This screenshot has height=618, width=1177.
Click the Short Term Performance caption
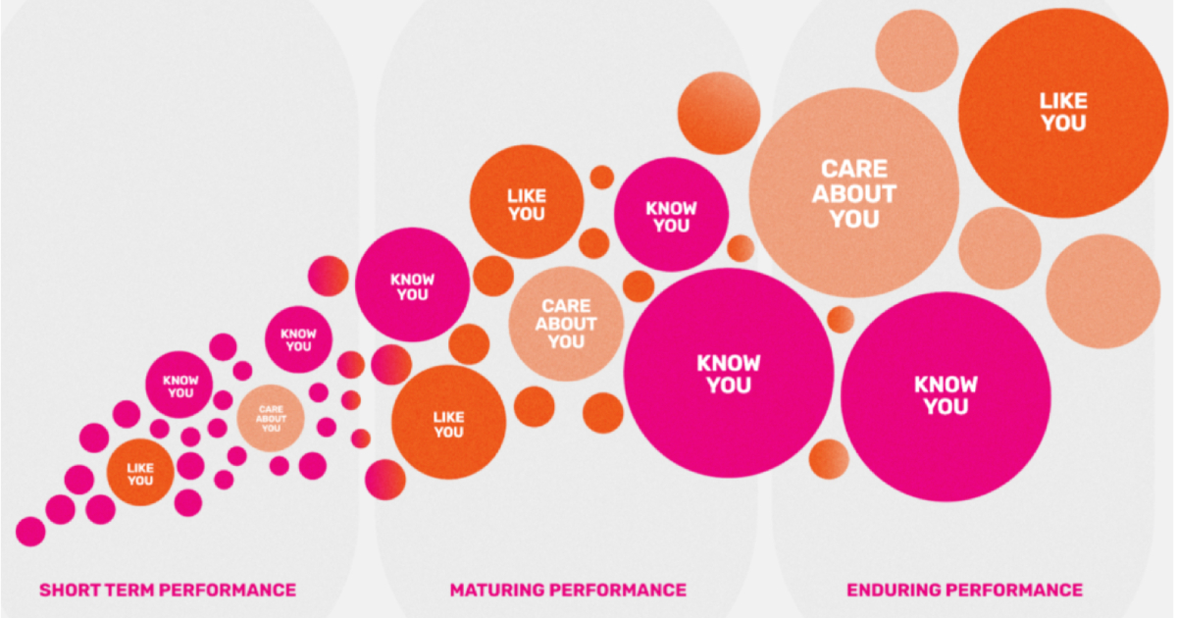pyautogui.click(x=168, y=591)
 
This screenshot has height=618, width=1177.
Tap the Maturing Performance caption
pyautogui.click(x=568, y=591)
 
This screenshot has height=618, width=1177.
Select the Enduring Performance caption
pyautogui.click(x=965, y=591)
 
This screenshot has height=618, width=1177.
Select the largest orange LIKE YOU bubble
pyautogui.click(x=1063, y=113)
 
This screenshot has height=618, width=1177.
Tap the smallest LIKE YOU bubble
pyautogui.click(x=140, y=473)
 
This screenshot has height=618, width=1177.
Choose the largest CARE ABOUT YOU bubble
pyautogui.click(x=854, y=193)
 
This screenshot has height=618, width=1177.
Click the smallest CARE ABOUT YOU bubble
pyautogui.click(x=271, y=418)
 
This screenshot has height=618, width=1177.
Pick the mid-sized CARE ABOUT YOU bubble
pyautogui.click(x=567, y=324)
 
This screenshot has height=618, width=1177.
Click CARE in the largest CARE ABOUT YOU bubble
pyautogui.click(x=854, y=169)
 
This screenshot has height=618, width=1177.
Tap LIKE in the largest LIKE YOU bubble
pyautogui.click(x=1063, y=101)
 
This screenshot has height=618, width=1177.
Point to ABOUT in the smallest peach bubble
pyautogui.click(x=271, y=419)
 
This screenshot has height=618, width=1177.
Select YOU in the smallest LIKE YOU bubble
pyautogui.click(x=140, y=481)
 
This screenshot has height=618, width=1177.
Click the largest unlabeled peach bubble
pyautogui.click(x=1102, y=291)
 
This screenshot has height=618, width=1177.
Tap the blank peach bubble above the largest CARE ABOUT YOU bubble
pyautogui.click(x=917, y=51)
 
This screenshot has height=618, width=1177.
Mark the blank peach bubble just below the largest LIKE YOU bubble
pyautogui.click(x=999, y=248)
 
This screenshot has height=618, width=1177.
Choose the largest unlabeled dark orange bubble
pyautogui.click(x=719, y=113)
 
